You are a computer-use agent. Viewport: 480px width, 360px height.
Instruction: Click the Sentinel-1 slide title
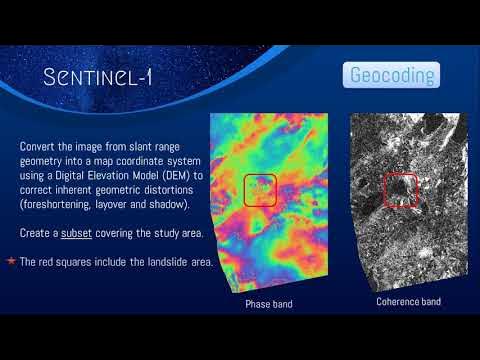[x=97, y=77]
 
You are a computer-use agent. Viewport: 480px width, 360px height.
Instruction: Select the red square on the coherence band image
[x=400, y=189]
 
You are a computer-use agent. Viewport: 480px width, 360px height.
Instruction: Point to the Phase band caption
[x=268, y=303]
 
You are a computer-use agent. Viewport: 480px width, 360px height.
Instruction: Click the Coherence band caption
[x=407, y=301]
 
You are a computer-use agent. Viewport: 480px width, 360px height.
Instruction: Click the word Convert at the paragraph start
[x=39, y=147]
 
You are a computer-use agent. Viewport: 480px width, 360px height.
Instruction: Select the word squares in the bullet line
[x=72, y=261]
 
